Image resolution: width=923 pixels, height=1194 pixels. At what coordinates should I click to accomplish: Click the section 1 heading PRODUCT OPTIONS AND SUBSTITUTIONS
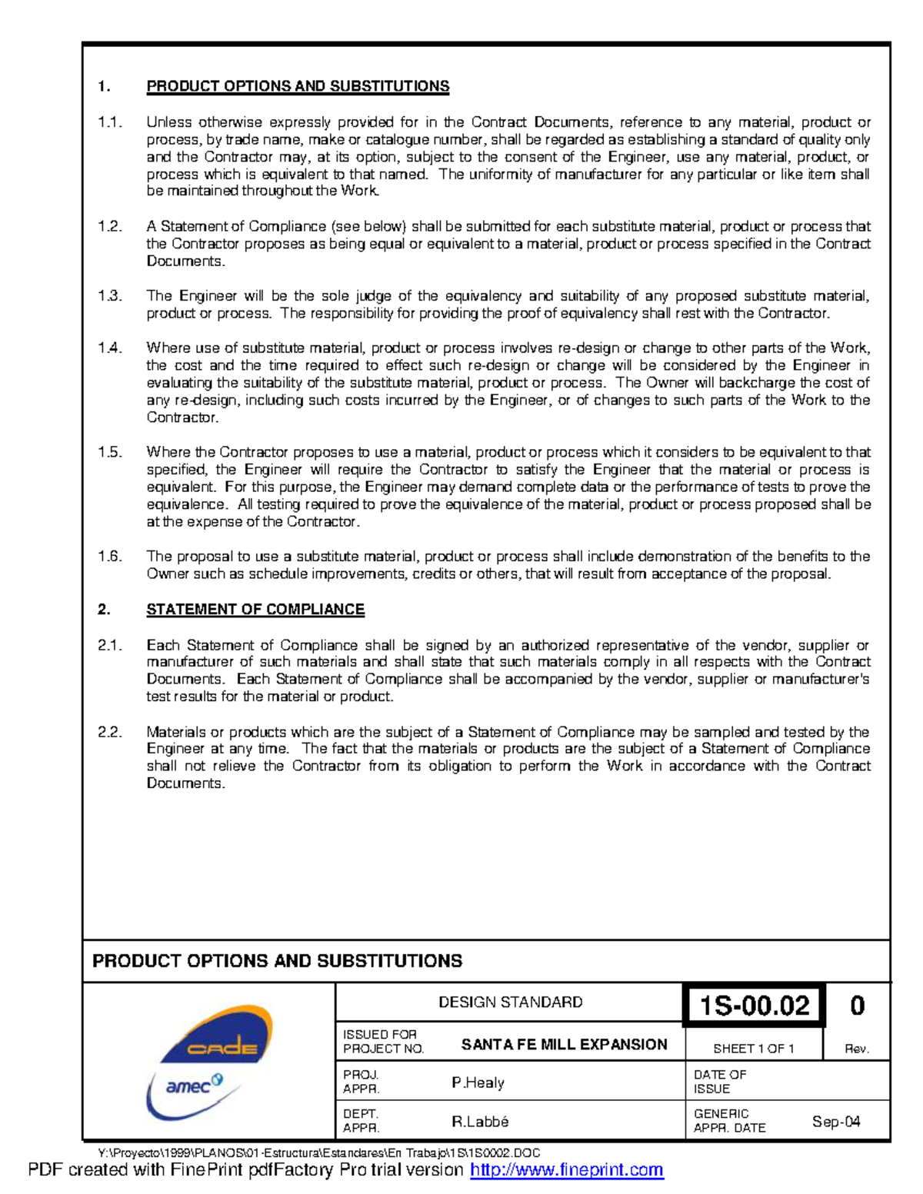(x=298, y=86)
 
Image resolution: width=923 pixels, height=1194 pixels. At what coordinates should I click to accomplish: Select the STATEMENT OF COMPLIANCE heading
(x=255, y=610)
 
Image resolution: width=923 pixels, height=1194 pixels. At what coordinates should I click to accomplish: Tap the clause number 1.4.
(x=109, y=348)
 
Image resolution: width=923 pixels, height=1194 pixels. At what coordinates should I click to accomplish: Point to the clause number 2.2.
(x=109, y=732)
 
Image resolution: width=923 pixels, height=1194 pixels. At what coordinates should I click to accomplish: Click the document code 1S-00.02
(x=754, y=1006)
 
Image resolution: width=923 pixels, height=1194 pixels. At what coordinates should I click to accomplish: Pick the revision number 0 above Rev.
(x=857, y=1006)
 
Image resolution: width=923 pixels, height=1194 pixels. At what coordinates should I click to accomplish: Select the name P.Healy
(x=478, y=1083)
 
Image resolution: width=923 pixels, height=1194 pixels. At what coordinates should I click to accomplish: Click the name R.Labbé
(x=480, y=1122)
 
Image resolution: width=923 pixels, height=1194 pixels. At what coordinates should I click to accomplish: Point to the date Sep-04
(x=836, y=1122)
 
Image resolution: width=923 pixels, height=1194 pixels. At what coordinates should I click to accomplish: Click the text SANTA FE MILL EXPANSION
(x=564, y=1044)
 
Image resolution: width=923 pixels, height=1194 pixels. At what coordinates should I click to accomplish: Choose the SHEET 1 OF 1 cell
(x=753, y=1049)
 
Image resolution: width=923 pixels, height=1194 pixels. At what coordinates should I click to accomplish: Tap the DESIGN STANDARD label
(x=510, y=1002)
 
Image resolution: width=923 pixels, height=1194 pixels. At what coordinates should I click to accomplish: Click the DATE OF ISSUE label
(x=719, y=1082)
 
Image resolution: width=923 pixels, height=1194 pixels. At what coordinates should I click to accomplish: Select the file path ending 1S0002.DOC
(x=319, y=1152)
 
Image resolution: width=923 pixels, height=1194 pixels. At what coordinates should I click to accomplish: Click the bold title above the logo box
(x=277, y=961)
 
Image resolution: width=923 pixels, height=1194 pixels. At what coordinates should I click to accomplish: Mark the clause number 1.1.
(x=109, y=122)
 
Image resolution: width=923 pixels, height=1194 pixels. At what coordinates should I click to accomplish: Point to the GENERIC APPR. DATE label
(x=728, y=1121)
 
